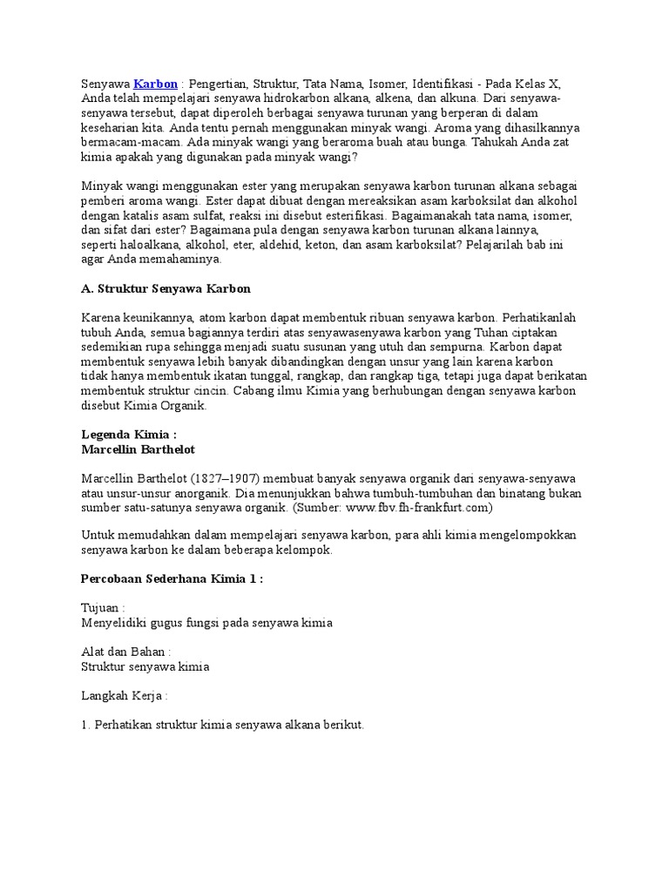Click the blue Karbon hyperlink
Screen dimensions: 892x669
[155, 84]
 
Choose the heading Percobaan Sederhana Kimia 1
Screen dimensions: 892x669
[172, 578]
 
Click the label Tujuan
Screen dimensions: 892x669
[102, 608]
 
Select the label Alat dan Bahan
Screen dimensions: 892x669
[125, 652]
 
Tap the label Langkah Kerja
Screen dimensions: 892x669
[124, 697]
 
